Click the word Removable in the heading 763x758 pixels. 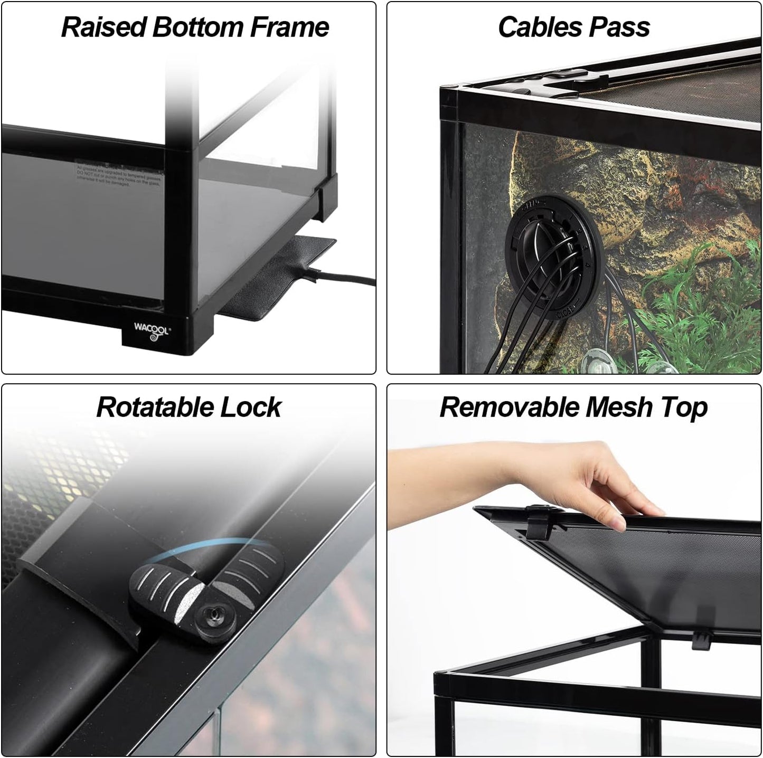(509, 408)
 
